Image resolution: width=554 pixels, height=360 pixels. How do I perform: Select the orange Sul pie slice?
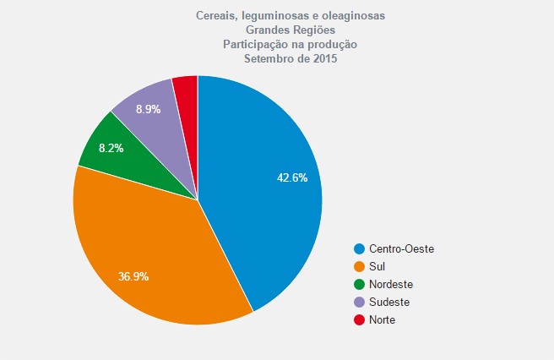click(160, 254)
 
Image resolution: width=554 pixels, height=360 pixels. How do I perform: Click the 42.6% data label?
click(292, 177)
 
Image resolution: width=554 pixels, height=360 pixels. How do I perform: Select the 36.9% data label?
click(133, 276)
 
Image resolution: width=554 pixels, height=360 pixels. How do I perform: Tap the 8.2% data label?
click(111, 147)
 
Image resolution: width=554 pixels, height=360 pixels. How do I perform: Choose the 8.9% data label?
click(149, 109)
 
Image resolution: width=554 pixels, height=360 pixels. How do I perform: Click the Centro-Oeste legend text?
click(401, 248)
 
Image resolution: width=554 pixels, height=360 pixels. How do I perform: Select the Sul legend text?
click(377, 266)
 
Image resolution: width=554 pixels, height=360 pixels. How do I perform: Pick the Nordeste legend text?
click(391, 284)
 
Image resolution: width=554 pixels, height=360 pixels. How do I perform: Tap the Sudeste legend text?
click(389, 302)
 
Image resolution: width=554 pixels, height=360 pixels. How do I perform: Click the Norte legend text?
click(383, 319)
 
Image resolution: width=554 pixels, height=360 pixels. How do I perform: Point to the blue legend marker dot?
click(360, 248)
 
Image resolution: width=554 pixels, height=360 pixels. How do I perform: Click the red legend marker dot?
click(360, 319)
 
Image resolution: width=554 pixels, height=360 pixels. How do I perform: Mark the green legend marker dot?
click(360, 284)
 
